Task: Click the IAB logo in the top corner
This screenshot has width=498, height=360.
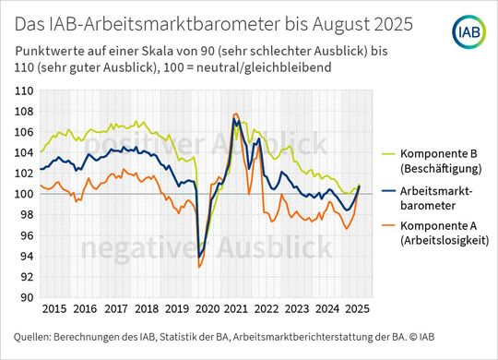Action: [467, 34]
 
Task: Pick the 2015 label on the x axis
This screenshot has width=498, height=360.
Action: [53, 308]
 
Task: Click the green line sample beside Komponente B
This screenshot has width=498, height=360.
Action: [385, 154]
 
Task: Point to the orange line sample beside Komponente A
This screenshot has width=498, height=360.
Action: [385, 225]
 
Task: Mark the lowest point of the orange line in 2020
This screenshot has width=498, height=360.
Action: [199, 267]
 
